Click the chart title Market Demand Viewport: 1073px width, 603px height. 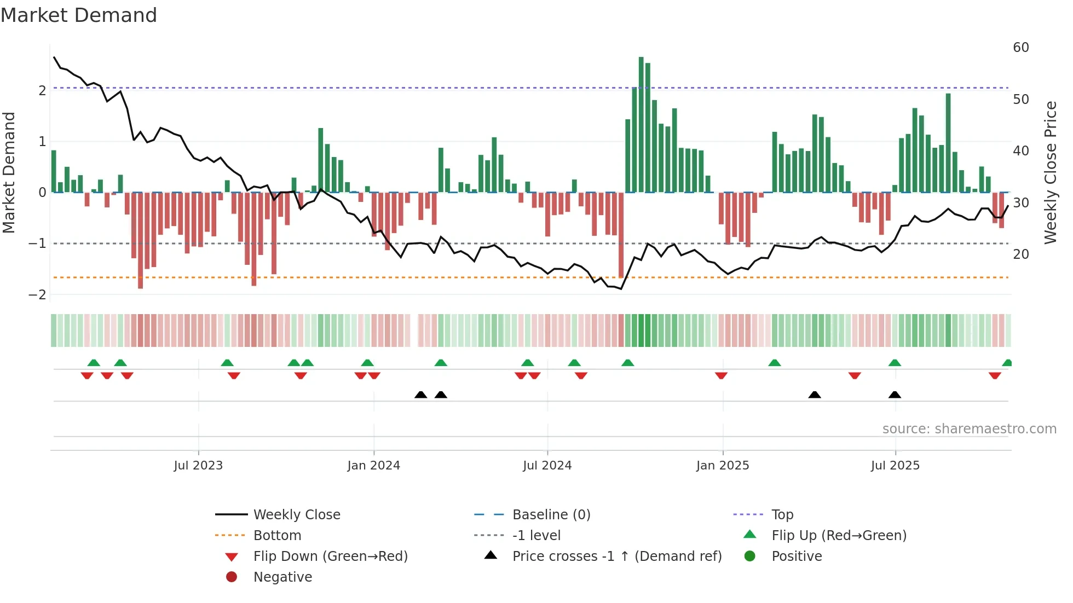(x=79, y=15)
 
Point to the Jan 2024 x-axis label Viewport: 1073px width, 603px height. (x=373, y=466)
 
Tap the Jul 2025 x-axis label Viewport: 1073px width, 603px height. (x=895, y=466)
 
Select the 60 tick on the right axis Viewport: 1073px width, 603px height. (x=1020, y=48)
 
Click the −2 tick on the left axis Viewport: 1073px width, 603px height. (x=37, y=295)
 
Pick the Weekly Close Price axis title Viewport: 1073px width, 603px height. (x=1050, y=172)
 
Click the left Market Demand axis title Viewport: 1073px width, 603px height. (x=9, y=172)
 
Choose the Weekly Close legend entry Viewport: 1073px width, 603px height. (x=296, y=515)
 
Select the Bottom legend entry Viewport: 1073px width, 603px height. (x=277, y=536)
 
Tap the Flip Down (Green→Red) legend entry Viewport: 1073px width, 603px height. (x=330, y=556)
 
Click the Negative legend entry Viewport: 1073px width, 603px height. (x=282, y=577)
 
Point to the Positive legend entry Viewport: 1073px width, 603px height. (x=797, y=556)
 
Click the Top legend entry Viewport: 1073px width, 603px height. (x=782, y=515)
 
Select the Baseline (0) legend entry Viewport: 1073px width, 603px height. (x=551, y=515)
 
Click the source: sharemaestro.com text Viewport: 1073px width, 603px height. (x=969, y=429)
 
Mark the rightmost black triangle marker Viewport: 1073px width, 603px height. (x=895, y=395)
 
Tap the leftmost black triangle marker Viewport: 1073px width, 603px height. (x=420, y=395)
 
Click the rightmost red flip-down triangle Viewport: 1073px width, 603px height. (x=995, y=375)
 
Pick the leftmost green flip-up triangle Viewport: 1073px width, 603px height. (x=94, y=363)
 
